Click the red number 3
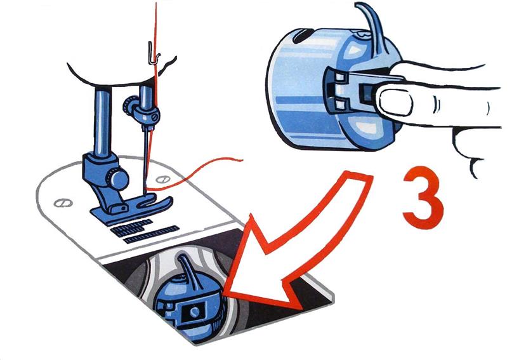tap(423, 198)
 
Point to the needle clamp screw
tap(154, 117)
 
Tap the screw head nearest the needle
tap(163, 180)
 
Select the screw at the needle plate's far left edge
tap(63, 203)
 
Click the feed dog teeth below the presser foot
tap(146, 231)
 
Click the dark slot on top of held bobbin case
tap(303, 36)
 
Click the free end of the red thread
tap(242, 161)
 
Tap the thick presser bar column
tap(102, 123)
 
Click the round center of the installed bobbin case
tap(195, 311)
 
